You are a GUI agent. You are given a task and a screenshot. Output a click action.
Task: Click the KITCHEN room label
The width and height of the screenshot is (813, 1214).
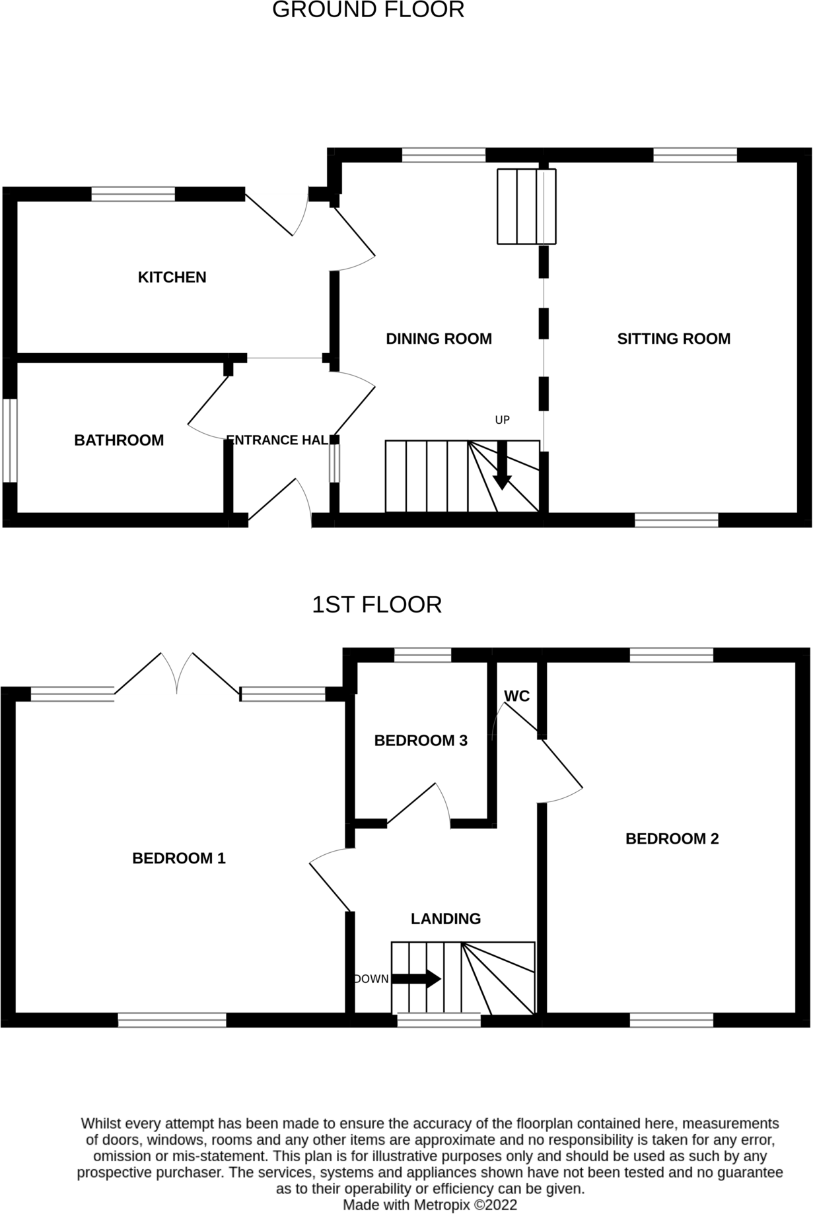[172, 277]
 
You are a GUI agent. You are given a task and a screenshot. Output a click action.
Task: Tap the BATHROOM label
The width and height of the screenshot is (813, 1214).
[119, 440]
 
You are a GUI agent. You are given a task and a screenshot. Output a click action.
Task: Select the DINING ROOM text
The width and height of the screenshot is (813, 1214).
[439, 339]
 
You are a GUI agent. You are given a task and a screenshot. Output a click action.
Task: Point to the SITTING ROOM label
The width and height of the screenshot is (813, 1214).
[674, 339]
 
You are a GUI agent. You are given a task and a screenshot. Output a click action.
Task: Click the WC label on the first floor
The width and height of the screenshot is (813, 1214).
[516, 696]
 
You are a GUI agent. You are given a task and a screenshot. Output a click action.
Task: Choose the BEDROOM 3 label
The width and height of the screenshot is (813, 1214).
[421, 741]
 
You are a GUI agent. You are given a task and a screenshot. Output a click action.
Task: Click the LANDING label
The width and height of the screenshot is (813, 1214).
[446, 918]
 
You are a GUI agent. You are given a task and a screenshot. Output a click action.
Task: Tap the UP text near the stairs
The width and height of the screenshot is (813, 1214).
[502, 420]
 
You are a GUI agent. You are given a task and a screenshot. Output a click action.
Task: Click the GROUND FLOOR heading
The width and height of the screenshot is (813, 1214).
[368, 10]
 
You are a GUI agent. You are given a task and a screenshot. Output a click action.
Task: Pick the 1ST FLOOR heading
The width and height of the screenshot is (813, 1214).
[376, 604]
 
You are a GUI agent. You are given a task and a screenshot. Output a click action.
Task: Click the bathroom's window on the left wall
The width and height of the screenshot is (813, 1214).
[10, 440]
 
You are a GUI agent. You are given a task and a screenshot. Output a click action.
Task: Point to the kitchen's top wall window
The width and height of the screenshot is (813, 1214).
[133, 194]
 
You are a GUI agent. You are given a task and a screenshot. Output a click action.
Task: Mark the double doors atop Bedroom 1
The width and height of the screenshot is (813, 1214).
[177, 673]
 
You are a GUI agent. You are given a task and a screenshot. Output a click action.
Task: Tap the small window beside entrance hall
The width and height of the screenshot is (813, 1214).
[334, 463]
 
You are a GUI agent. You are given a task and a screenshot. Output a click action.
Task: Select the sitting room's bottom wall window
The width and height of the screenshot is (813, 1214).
[676, 520]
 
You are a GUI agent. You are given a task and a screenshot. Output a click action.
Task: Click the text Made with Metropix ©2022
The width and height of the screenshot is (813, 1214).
[429, 1205]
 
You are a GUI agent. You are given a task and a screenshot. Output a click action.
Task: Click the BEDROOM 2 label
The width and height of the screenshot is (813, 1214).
[672, 838]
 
